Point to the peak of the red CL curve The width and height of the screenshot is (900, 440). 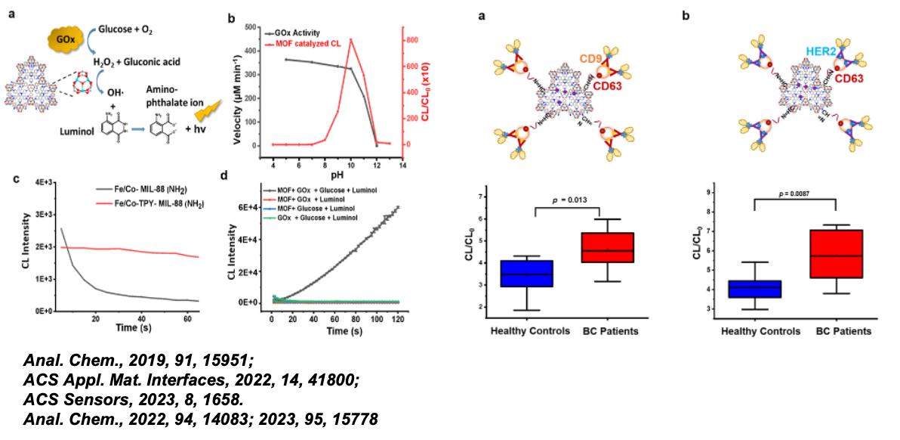[350, 39]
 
